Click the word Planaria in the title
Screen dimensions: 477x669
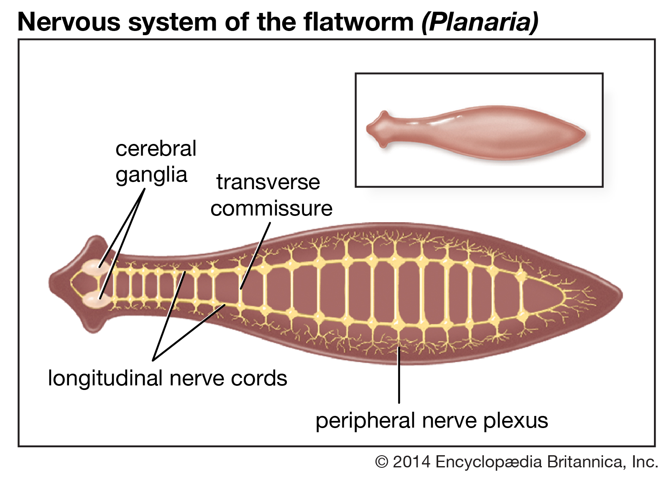pyautogui.click(x=480, y=22)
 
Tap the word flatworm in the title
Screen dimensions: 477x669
pyautogui.click(x=359, y=22)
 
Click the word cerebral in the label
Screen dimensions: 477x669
pyautogui.click(x=156, y=149)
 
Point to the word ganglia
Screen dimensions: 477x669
pyautogui.click(x=151, y=175)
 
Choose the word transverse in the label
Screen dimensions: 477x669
pyautogui.click(x=268, y=182)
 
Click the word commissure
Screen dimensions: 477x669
pyautogui.click(x=271, y=208)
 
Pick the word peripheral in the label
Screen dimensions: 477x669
pyautogui.click(x=365, y=421)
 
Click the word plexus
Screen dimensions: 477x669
pyautogui.click(x=515, y=421)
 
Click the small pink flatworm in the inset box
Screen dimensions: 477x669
pyautogui.click(x=477, y=132)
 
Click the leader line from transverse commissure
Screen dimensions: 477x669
pyautogui.click(x=255, y=255)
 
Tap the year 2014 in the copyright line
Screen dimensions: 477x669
pyautogui.click(x=411, y=462)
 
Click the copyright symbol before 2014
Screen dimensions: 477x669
pyautogui.click(x=381, y=462)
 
